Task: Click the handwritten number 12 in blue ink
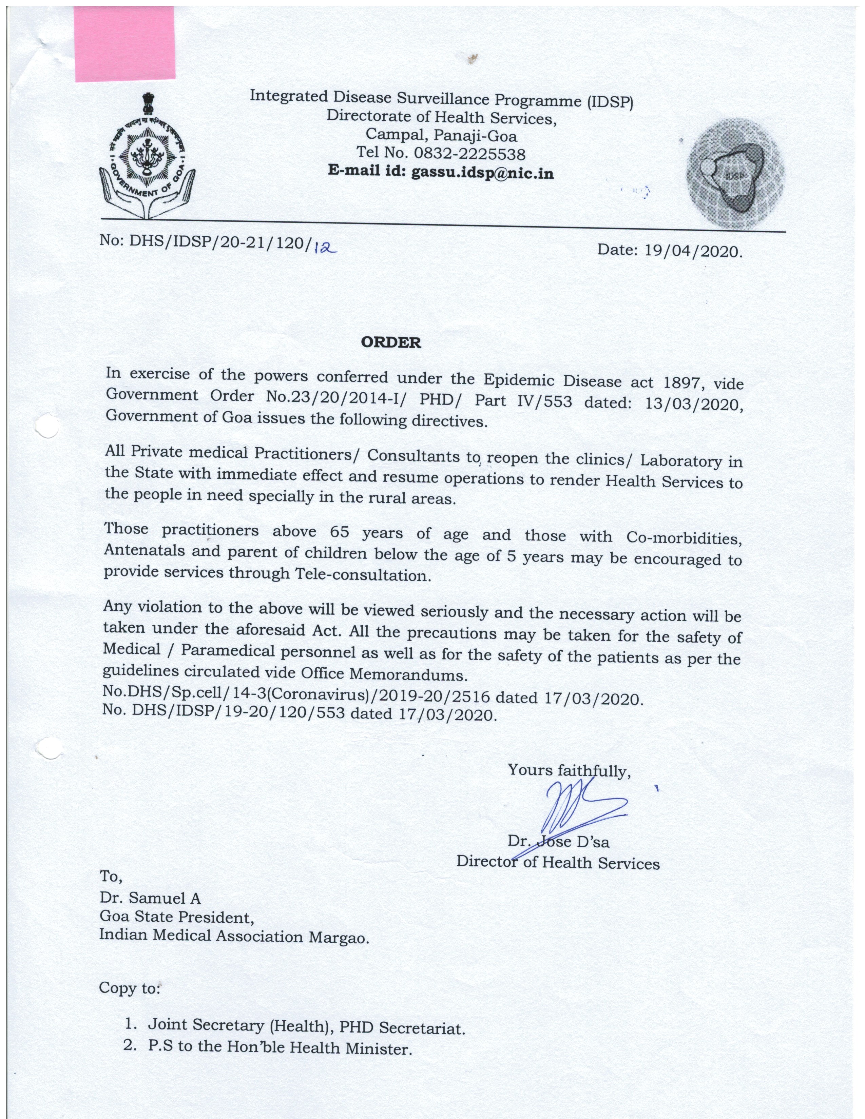tap(324, 248)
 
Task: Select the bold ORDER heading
tap(391, 342)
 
